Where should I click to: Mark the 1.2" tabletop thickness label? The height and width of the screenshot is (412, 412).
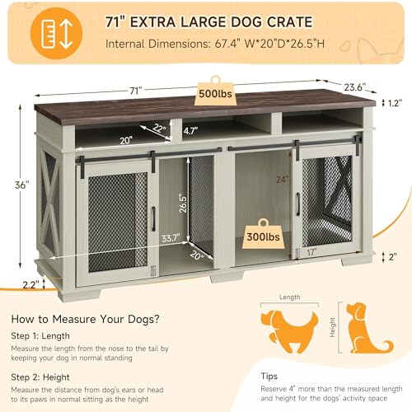(395, 103)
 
